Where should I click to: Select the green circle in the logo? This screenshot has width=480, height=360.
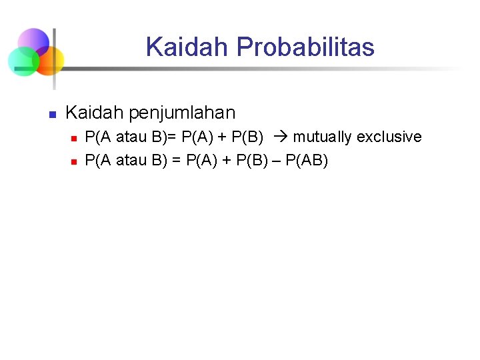pyautogui.click(x=22, y=61)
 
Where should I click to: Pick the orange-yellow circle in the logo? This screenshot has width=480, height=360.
pyautogui.click(x=49, y=61)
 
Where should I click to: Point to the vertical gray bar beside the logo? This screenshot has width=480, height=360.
pyautogui.click(x=55, y=59)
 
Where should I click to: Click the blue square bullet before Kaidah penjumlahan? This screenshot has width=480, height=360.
pyautogui.click(x=51, y=114)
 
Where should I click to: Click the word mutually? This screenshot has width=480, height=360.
pyautogui.click(x=322, y=137)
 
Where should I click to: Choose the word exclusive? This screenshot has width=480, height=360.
pyautogui.click(x=389, y=137)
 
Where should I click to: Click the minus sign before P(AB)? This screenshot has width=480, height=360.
pyautogui.click(x=277, y=161)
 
